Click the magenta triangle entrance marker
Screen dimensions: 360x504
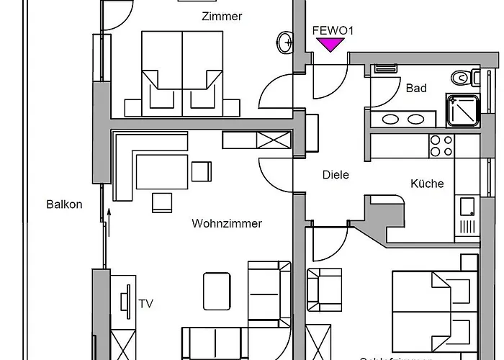(x=330, y=45)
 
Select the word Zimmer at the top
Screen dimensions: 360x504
(x=222, y=17)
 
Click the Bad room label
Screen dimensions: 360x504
(x=416, y=89)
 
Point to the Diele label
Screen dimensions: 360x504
(x=336, y=175)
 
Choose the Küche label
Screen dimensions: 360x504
(x=427, y=184)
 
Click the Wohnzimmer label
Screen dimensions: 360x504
(x=227, y=224)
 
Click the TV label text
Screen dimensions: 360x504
(x=145, y=303)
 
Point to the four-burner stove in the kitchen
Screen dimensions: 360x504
(x=441, y=146)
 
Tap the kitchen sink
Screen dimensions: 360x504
(x=467, y=207)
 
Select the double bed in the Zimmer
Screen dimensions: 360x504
(x=182, y=72)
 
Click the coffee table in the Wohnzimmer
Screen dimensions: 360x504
(x=217, y=290)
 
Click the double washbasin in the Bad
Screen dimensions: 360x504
(x=404, y=120)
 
